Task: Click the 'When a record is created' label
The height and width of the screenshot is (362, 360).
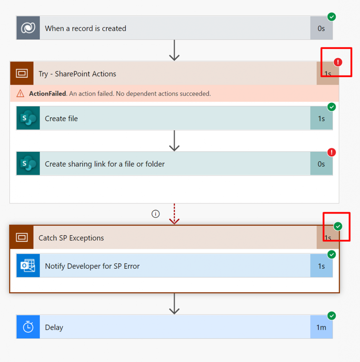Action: pyautogui.click(x=85, y=28)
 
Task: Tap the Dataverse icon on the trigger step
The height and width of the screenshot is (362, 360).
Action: pyautogui.click(x=28, y=28)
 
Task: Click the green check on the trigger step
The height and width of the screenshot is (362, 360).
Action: pyautogui.click(x=331, y=17)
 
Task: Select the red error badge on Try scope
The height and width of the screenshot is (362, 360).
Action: pyautogui.click(x=338, y=62)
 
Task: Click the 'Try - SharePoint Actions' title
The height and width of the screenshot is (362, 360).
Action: pyautogui.click(x=77, y=74)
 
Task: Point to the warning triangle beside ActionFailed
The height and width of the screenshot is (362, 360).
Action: pyautogui.click(x=21, y=94)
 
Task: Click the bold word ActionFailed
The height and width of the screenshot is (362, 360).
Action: pyautogui.click(x=47, y=94)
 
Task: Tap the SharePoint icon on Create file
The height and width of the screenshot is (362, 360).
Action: pyautogui.click(x=28, y=118)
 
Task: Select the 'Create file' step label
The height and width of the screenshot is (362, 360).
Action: pyautogui.click(x=61, y=118)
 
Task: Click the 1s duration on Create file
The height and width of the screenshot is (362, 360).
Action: pyautogui.click(x=321, y=119)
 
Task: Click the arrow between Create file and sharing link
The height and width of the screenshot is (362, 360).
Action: pyautogui.click(x=174, y=140)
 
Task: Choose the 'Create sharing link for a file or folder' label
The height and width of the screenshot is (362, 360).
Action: pyautogui.click(x=105, y=164)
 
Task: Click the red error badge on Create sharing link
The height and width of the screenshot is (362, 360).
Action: pyautogui.click(x=331, y=152)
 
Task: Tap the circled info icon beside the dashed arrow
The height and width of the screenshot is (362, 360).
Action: pyautogui.click(x=156, y=214)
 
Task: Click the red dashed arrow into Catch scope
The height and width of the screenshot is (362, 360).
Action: pyautogui.click(x=174, y=214)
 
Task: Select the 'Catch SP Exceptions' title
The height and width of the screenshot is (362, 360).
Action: pyautogui.click(x=71, y=238)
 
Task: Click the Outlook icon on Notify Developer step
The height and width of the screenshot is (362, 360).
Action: pyautogui.click(x=28, y=266)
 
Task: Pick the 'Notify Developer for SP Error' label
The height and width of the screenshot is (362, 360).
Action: pyautogui.click(x=92, y=266)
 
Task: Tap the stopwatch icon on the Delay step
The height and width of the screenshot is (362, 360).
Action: pyautogui.click(x=28, y=327)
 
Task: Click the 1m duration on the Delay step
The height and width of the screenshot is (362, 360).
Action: pyautogui.click(x=321, y=327)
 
